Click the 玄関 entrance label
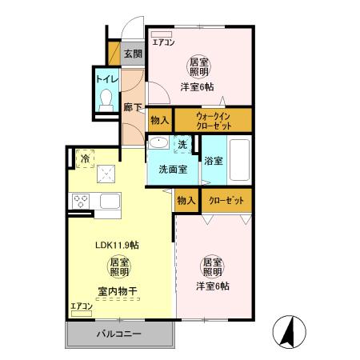coord(133,54)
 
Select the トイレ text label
coord(106,79)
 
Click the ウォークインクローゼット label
coord(213,120)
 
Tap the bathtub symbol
coord(240,160)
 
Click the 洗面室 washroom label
coord(172,169)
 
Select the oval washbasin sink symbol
coord(158,143)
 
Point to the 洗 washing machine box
coord(182,144)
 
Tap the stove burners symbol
coord(81,201)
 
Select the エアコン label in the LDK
coord(82,307)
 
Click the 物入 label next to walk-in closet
coord(159,120)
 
